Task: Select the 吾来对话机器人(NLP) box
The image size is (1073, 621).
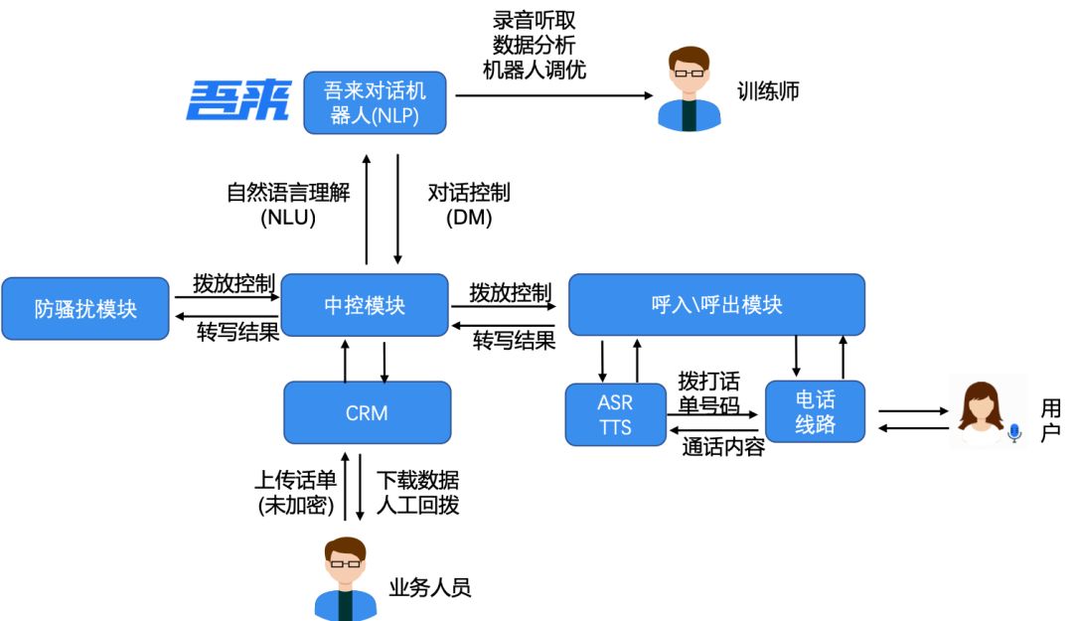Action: coord(376,101)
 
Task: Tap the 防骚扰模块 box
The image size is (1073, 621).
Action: coord(85,308)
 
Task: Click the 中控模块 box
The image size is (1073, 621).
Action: coord(366,305)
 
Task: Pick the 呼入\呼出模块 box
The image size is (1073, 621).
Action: coord(716,304)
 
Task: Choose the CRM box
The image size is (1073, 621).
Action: coord(367,412)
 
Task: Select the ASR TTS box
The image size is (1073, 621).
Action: coord(615,414)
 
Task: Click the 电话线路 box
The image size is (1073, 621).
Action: coord(815,412)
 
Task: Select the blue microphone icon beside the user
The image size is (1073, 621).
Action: coord(1014,432)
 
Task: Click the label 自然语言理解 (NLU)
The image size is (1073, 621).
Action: coord(288,205)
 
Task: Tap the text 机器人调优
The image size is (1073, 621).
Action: coord(534,71)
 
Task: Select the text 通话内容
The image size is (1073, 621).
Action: coord(723,447)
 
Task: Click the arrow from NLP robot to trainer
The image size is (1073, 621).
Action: coord(551,95)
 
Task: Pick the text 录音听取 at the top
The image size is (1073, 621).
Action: coord(534,20)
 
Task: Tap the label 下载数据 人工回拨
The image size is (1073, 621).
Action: coord(418,492)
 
